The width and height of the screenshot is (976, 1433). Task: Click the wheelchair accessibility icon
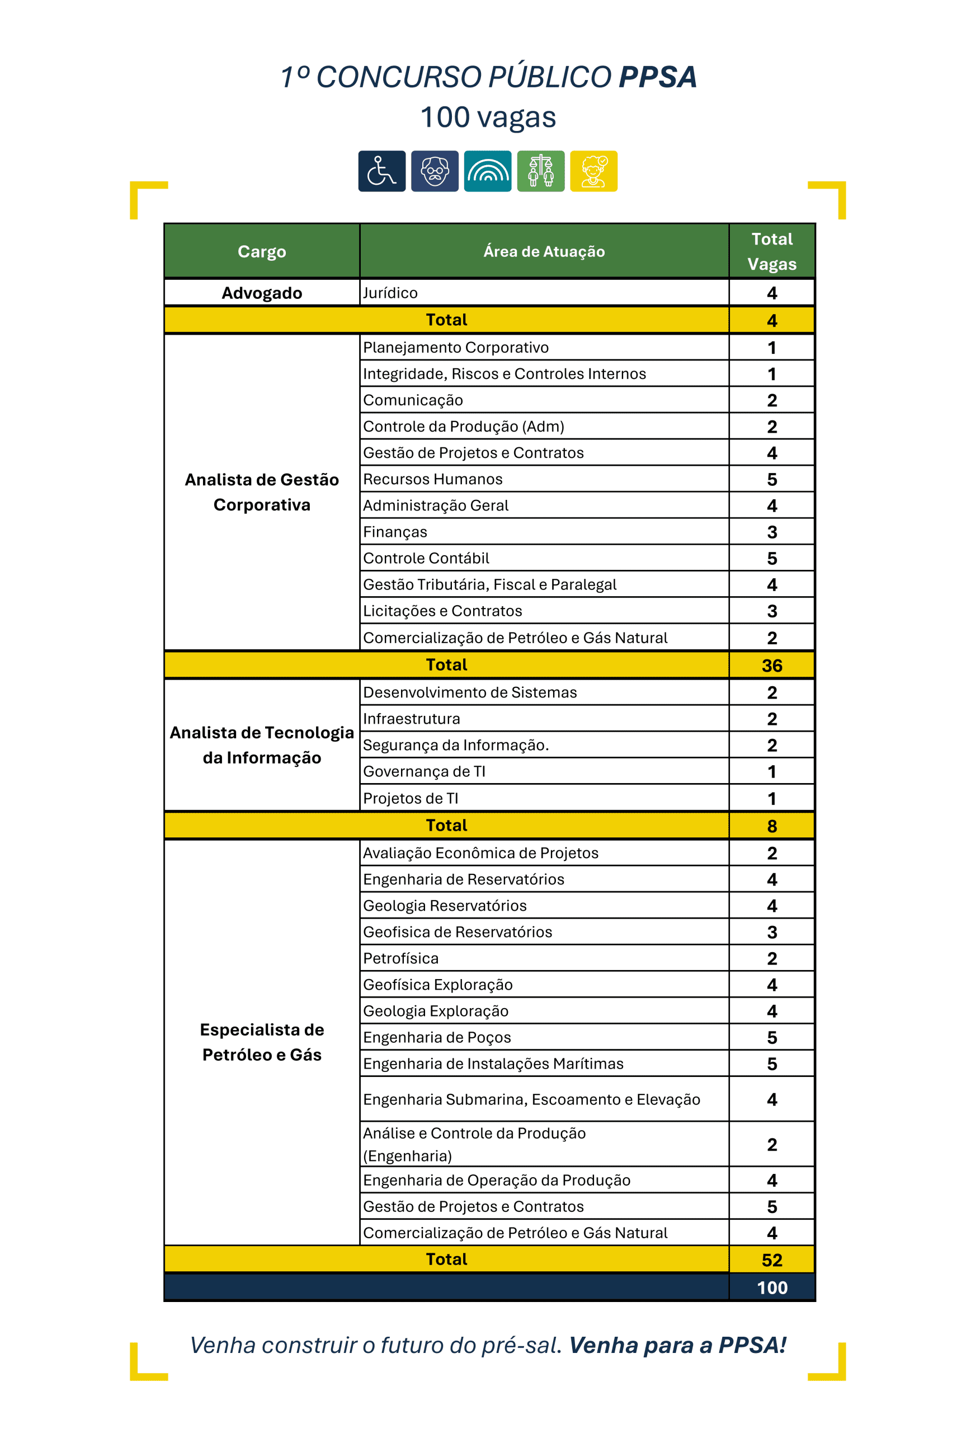[x=381, y=171]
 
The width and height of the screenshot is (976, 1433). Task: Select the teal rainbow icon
[x=487, y=171]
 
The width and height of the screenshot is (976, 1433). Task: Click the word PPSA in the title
[x=657, y=77]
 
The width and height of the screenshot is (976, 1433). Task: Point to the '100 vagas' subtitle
[x=488, y=117]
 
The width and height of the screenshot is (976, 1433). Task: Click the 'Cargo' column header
[x=262, y=251]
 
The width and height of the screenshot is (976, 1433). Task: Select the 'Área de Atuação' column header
[x=544, y=251]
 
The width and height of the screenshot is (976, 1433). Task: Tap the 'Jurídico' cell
[x=390, y=293]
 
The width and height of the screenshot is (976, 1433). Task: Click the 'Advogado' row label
[x=262, y=293]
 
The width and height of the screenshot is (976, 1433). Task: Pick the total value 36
[x=771, y=666]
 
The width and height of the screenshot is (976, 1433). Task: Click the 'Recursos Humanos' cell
[x=432, y=479]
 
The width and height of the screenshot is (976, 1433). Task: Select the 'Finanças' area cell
[x=395, y=532]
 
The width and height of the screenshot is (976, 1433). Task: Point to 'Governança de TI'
[x=424, y=771]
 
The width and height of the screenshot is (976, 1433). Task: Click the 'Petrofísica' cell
[x=400, y=958]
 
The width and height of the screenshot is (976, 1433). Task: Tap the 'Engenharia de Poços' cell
[x=437, y=1037]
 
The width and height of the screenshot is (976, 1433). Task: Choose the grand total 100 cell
[x=771, y=1287]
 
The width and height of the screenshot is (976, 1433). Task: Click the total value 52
[x=771, y=1259]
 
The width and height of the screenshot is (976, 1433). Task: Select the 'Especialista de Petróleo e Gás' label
[x=262, y=1042]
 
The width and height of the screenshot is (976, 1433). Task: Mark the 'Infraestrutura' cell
[x=411, y=719]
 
